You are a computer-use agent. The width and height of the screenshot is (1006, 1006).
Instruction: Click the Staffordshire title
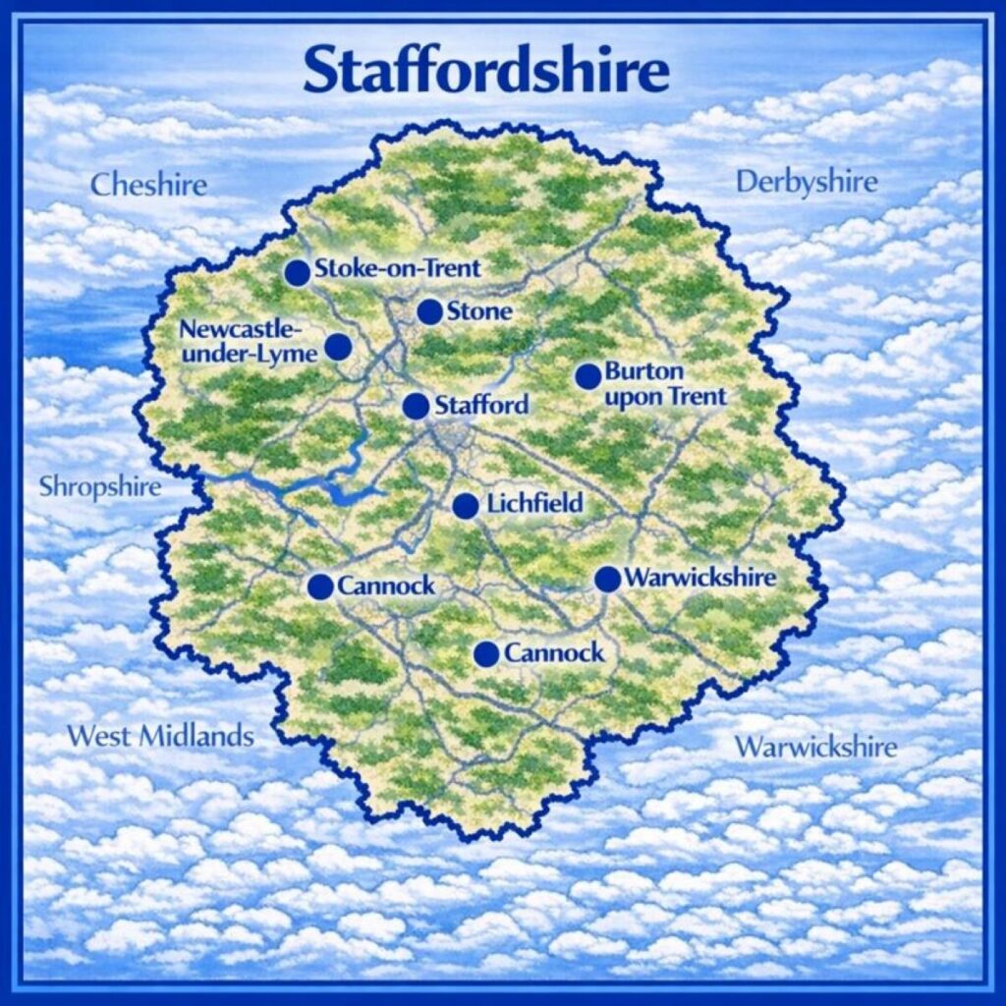click(486, 70)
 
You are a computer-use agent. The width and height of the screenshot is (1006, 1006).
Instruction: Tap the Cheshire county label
click(148, 185)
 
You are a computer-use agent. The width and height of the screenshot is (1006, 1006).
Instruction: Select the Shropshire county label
click(99, 486)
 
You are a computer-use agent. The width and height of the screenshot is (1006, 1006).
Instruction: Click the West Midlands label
click(160, 736)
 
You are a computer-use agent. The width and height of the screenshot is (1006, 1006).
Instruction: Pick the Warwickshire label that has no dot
click(815, 747)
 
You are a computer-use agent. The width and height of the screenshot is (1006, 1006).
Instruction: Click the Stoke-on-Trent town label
click(397, 268)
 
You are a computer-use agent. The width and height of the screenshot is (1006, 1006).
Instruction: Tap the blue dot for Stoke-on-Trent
click(297, 273)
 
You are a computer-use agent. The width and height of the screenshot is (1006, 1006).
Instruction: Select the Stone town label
click(479, 312)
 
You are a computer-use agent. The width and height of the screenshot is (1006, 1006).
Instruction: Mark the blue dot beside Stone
click(429, 312)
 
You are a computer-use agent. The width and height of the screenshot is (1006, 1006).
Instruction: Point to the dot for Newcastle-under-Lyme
click(338, 346)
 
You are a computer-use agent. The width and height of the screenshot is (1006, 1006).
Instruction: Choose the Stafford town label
click(481, 405)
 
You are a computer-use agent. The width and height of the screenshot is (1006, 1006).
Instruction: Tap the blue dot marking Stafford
click(416, 406)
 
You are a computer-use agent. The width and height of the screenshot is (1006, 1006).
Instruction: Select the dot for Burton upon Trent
click(587, 376)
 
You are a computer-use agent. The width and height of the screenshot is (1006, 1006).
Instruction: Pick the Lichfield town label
click(534, 505)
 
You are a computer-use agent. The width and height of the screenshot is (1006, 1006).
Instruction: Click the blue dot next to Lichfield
click(466, 506)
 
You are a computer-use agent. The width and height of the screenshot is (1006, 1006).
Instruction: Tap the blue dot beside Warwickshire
click(607, 580)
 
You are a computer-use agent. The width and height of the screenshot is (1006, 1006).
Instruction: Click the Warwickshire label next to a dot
click(699, 578)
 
